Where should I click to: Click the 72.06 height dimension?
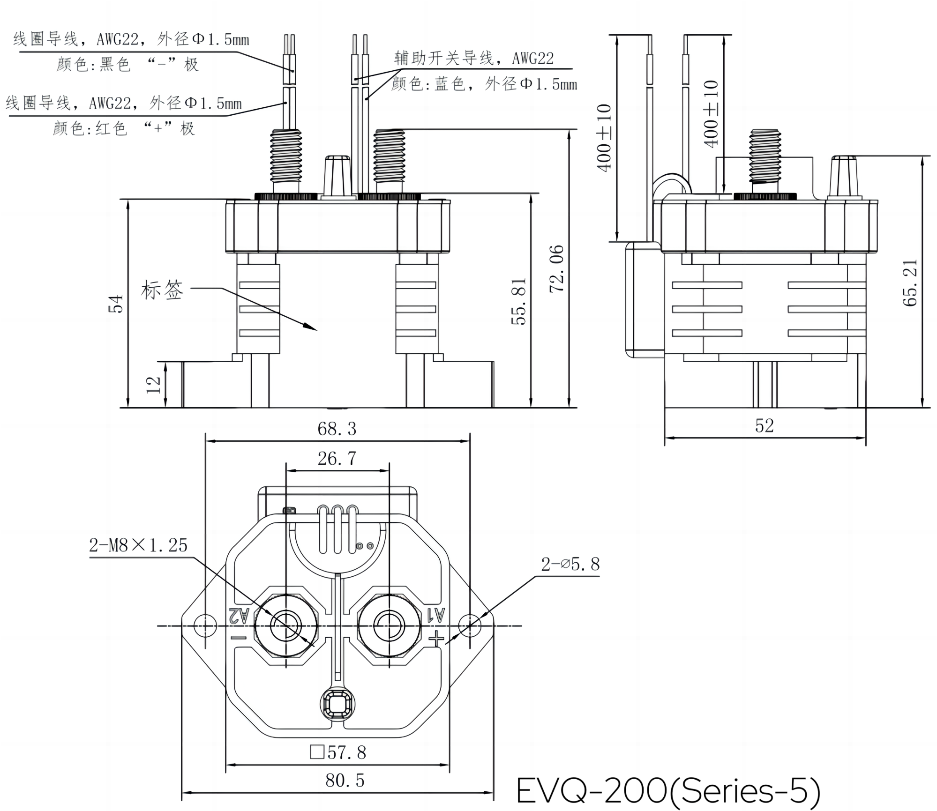pyautogui.click(x=556, y=268)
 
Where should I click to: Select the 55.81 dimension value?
pyautogui.click(x=519, y=301)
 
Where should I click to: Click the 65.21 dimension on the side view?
pyautogui.click(x=910, y=283)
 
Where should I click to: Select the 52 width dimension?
pyautogui.click(x=765, y=425)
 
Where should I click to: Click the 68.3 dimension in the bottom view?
pyautogui.click(x=337, y=429)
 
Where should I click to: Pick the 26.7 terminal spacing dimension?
pyautogui.click(x=337, y=459)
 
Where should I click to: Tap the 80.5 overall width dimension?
pyautogui.click(x=345, y=781)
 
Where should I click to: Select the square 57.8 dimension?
pyautogui.click(x=338, y=752)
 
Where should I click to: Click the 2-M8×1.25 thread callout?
pyautogui.click(x=138, y=545)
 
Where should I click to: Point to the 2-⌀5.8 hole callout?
pyautogui.click(x=570, y=564)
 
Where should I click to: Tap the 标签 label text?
pyautogui.click(x=162, y=290)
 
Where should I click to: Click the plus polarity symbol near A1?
pyautogui.click(x=437, y=639)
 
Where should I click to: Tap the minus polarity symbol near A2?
pyautogui.click(x=239, y=638)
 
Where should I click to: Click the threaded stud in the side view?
pyautogui.click(x=765, y=156)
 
